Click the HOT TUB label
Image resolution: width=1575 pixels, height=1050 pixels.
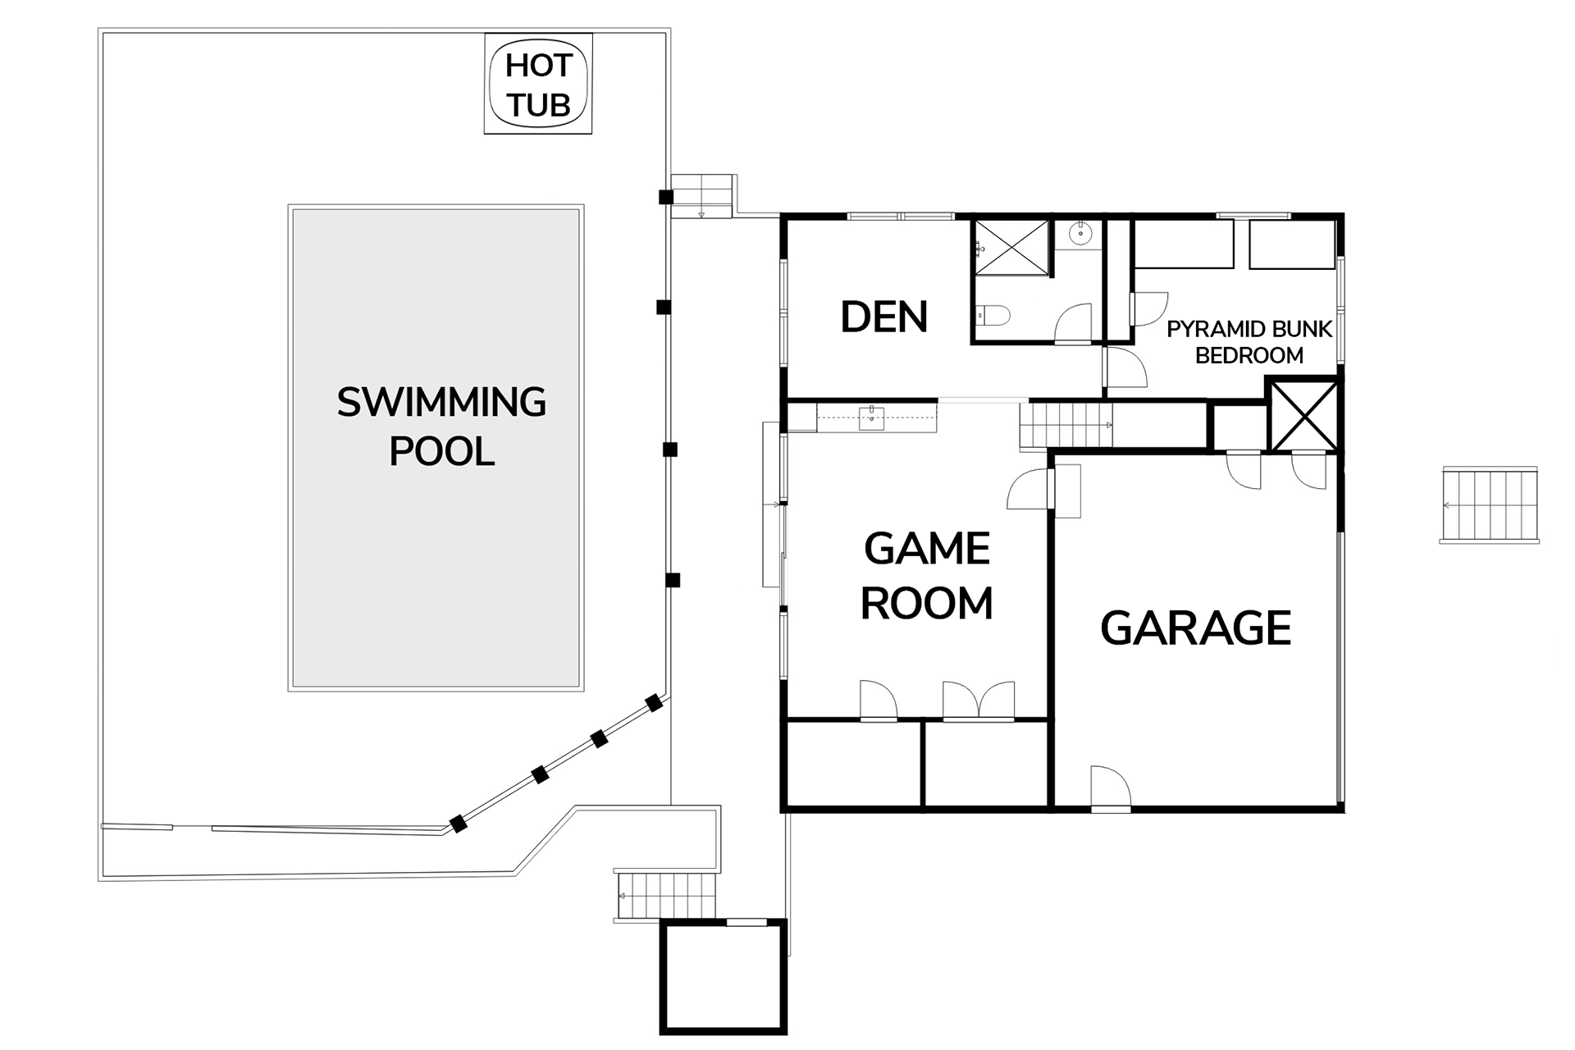coord(538,85)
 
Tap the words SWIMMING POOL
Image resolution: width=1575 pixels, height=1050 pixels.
coord(441,427)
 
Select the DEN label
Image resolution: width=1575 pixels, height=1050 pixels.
coord(883,317)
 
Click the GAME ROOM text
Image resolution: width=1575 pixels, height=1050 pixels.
coord(927,576)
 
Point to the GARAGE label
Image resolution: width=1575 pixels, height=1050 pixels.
coord(1195,628)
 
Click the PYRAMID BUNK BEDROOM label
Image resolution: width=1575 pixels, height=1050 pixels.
coord(1249,342)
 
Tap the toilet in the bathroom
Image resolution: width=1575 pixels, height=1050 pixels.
coord(993,315)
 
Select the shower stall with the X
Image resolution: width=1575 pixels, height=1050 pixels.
coord(1011,247)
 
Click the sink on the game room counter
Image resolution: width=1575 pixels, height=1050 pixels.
coord(871,418)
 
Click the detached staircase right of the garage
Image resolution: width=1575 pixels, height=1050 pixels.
coord(1489,504)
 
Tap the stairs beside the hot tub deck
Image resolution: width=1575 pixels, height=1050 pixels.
coord(701,196)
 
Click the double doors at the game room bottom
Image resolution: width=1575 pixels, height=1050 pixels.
coord(979,701)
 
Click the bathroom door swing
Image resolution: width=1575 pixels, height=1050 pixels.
coord(1073,323)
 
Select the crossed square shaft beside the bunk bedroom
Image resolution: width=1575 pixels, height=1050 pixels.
coord(1303,414)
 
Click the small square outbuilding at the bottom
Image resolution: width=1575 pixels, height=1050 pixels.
coord(723,976)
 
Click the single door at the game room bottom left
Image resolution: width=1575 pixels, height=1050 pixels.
coord(879,701)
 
